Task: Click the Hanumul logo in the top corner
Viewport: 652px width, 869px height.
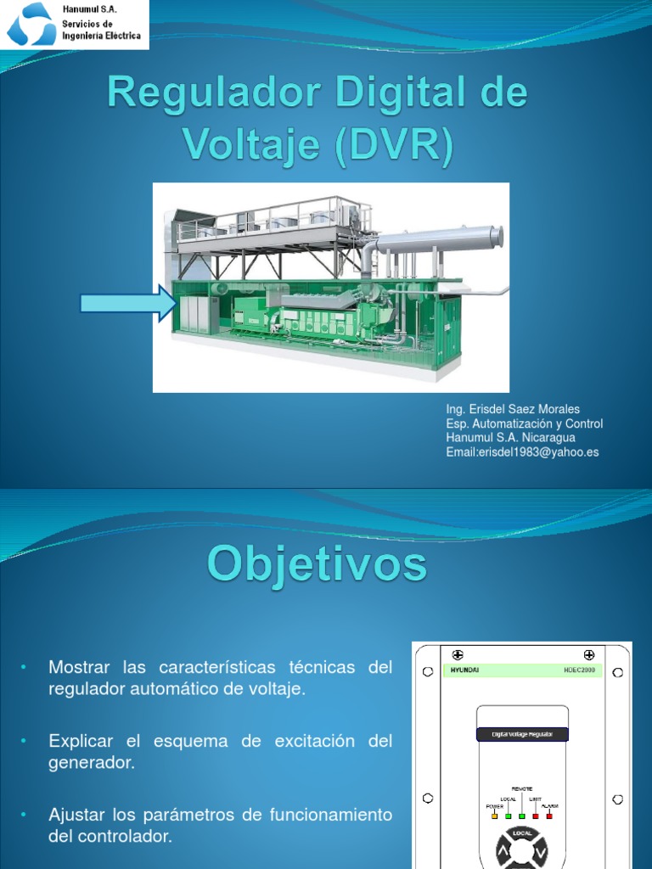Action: coord(31,25)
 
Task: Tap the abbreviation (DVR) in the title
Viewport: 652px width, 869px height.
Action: coord(394,145)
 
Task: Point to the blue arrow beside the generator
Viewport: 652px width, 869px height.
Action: coord(127,303)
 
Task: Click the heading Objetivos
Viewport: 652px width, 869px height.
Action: coord(317,563)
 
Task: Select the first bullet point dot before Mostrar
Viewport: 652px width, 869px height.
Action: coord(25,668)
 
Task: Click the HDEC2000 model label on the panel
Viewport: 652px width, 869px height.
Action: coord(578,670)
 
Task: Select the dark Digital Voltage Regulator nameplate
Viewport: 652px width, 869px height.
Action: coord(521,735)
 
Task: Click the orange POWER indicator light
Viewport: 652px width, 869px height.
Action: coord(494,816)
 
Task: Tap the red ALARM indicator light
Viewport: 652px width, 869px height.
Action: coord(548,816)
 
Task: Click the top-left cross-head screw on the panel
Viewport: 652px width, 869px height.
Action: coord(457,654)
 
